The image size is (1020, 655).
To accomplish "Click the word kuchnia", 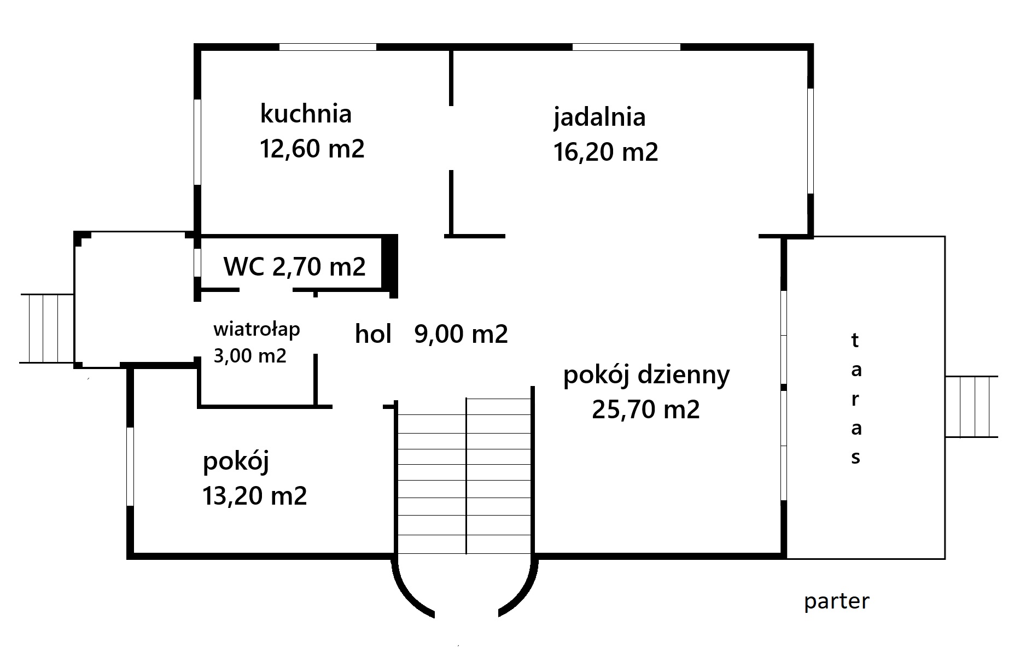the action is [x=305, y=114].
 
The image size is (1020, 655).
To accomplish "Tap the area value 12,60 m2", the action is [x=312, y=148].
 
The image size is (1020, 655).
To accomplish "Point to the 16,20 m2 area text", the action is [x=605, y=151].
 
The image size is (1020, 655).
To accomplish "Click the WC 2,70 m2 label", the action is [x=295, y=266].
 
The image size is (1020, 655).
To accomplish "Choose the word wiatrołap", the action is [x=257, y=330].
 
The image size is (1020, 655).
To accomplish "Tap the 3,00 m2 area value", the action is [x=249, y=356].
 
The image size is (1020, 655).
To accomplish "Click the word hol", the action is [x=373, y=334].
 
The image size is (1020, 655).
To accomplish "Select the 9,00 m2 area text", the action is [x=461, y=334].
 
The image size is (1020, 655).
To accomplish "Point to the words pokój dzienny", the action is [x=646, y=376].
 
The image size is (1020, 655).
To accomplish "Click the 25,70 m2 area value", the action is [x=646, y=409].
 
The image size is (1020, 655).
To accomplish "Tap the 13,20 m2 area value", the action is [x=254, y=496].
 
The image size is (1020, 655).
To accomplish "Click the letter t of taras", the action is [x=855, y=341].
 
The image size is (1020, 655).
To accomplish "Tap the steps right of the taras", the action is [x=972, y=406].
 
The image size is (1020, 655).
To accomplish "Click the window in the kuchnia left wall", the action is [x=197, y=142].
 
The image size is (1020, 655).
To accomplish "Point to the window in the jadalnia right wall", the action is [x=810, y=141].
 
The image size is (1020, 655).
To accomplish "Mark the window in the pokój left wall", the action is [x=130, y=466].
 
